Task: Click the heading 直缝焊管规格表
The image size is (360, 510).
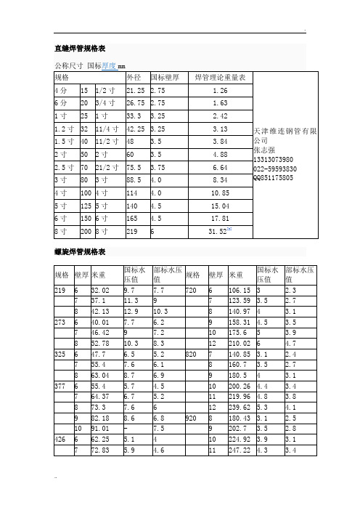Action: (x=81, y=49)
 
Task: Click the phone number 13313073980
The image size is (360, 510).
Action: (x=273, y=159)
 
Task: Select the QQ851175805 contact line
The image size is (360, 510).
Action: (x=273, y=177)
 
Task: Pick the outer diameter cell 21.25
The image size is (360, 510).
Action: (x=135, y=91)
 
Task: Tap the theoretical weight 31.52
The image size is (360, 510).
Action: (x=218, y=232)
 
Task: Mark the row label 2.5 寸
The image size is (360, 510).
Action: (x=64, y=166)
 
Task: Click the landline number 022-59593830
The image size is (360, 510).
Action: (x=274, y=169)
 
